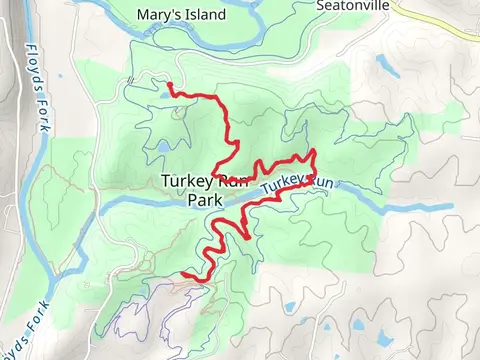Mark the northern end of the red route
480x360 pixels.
tap(168, 84)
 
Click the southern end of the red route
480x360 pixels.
tap(183, 273)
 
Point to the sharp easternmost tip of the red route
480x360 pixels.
tap(316, 151)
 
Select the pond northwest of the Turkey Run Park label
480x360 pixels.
tap(161, 149)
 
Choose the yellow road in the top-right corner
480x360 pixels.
tap(440, 15)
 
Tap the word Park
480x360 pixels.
tap(203, 198)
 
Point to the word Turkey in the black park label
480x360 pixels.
tap(183, 180)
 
